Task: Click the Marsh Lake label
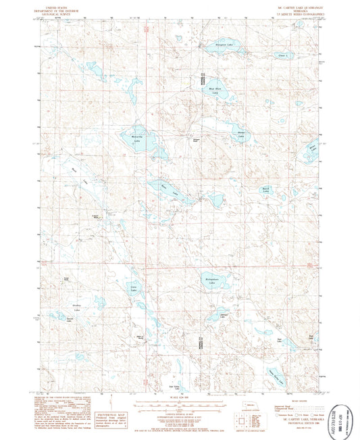267,190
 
